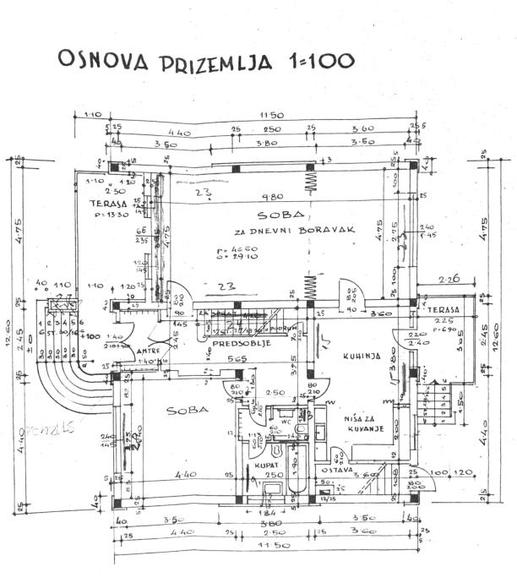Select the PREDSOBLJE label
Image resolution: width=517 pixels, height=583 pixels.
pyautogui.click(x=234, y=343)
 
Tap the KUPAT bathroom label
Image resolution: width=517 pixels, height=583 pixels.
pyautogui.click(x=257, y=466)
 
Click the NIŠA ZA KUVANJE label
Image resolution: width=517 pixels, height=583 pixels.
pyautogui.click(x=363, y=423)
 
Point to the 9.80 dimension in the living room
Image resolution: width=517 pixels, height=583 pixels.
pyautogui.click(x=267, y=200)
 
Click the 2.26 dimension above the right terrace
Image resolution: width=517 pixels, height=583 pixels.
pyautogui.click(x=449, y=279)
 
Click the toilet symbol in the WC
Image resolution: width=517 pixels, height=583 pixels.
pyautogui.click(x=301, y=433)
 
